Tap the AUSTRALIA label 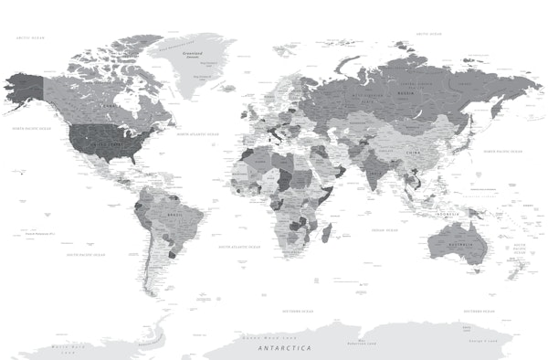coord(458,244)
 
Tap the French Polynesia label coord(40,235)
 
